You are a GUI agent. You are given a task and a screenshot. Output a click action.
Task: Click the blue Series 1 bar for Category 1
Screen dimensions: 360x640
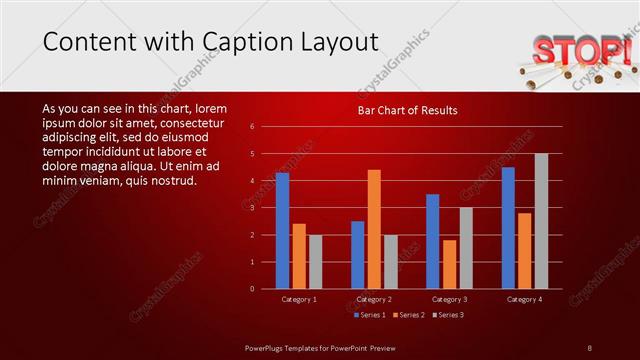tap(282, 231)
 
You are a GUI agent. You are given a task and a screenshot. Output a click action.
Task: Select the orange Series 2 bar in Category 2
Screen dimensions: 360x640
tap(374, 229)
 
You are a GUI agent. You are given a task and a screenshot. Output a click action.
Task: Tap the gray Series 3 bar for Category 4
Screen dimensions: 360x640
tap(541, 221)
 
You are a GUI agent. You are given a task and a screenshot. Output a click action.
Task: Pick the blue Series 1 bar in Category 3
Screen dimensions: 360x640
tap(432, 241)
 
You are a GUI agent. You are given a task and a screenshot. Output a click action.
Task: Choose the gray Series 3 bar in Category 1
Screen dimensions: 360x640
tap(315, 262)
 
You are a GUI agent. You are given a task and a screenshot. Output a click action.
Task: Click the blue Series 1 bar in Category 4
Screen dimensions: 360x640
tap(508, 228)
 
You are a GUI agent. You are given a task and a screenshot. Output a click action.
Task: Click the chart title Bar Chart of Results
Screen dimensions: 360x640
tap(407, 110)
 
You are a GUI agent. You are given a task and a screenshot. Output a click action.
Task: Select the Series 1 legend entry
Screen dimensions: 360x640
tap(370, 315)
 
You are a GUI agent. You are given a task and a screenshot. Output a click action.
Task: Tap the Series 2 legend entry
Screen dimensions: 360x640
tap(409, 315)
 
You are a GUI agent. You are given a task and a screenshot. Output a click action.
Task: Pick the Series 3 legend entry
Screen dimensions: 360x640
tap(448, 315)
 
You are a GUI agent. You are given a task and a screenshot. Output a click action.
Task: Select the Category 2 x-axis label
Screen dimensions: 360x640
tap(374, 299)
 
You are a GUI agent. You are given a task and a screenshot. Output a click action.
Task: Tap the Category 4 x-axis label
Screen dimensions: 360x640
tap(524, 299)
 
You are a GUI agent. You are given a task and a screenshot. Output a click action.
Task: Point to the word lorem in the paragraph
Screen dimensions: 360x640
tap(211, 108)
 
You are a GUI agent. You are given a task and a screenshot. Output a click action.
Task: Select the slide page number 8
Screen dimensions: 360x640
tap(590, 347)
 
